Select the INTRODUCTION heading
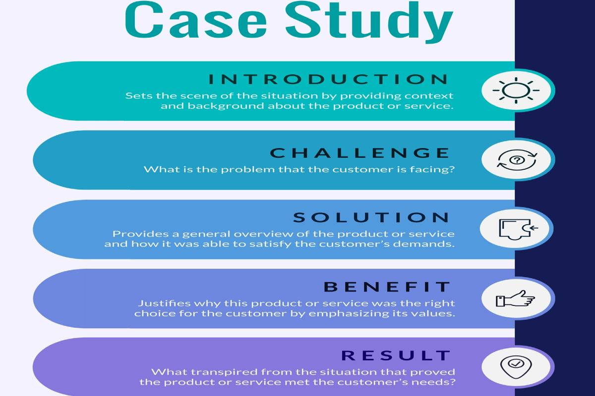(328, 79)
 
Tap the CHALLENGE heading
(360, 153)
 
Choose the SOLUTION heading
(371, 217)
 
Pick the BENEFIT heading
(387, 287)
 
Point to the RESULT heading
(396, 355)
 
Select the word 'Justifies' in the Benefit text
(158, 303)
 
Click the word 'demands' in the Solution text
(431, 244)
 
